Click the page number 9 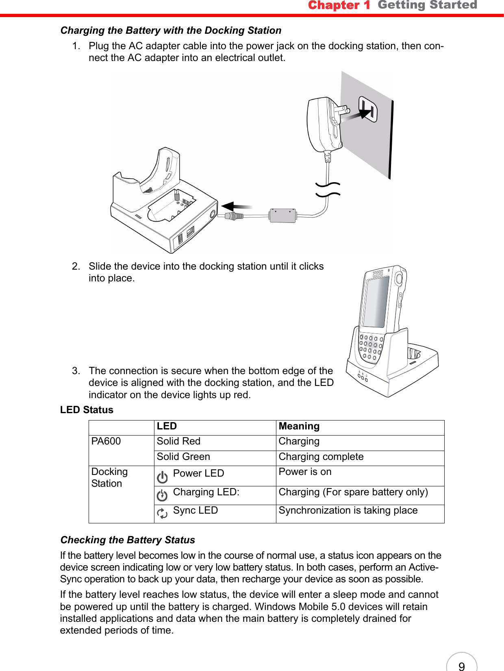point(461,666)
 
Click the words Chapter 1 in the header point(339,5)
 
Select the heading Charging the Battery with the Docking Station point(171,30)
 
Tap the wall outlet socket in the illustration point(368,109)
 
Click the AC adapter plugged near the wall point(323,124)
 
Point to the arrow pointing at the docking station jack point(236,207)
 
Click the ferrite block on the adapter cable point(282,215)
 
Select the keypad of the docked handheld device point(370,348)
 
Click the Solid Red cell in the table point(179,442)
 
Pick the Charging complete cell point(321,457)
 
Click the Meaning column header point(299,426)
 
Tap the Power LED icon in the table point(162,477)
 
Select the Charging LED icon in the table point(162,495)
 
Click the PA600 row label point(106,442)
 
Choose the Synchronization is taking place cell point(348,511)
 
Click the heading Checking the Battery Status point(128,540)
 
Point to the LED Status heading point(87,410)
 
